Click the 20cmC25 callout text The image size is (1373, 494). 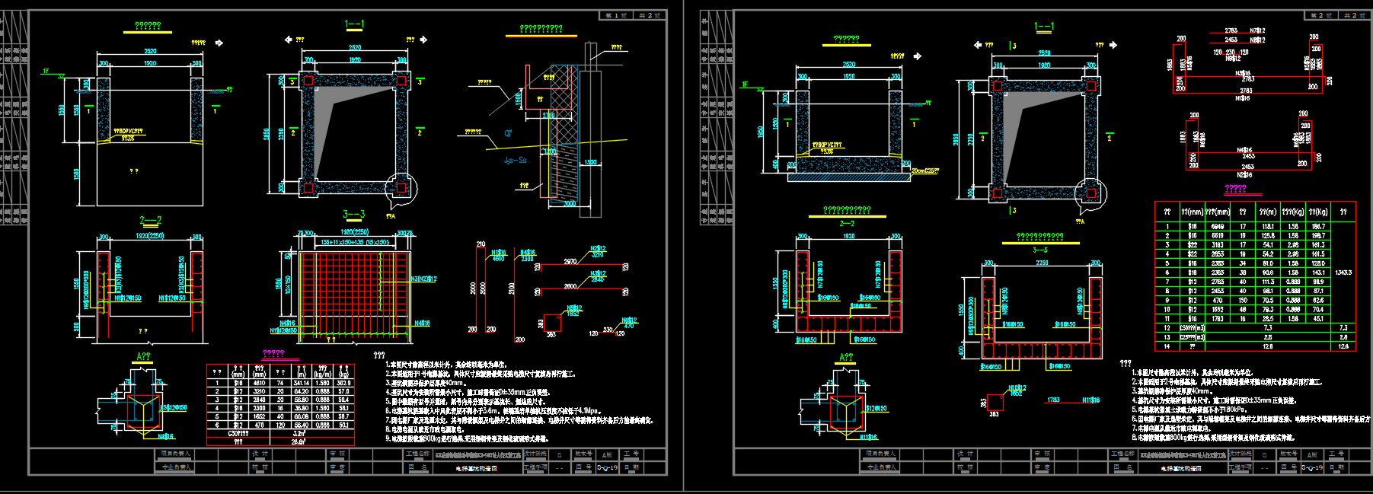point(925,171)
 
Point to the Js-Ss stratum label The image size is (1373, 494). point(516,161)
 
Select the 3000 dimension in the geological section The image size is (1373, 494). point(569,203)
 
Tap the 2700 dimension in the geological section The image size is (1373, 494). point(548,116)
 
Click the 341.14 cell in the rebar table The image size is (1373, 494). point(302,383)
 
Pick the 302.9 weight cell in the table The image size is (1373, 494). point(343,383)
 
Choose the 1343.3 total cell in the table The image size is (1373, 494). point(1343,272)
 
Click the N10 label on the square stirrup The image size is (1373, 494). point(1017,388)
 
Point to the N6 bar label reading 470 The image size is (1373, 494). point(629,323)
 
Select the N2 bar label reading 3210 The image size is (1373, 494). point(598,252)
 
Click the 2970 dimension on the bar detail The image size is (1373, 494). point(570,262)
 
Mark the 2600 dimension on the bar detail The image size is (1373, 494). point(570,287)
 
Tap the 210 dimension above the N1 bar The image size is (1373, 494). point(481,244)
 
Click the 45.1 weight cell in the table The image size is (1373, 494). point(1318,319)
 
